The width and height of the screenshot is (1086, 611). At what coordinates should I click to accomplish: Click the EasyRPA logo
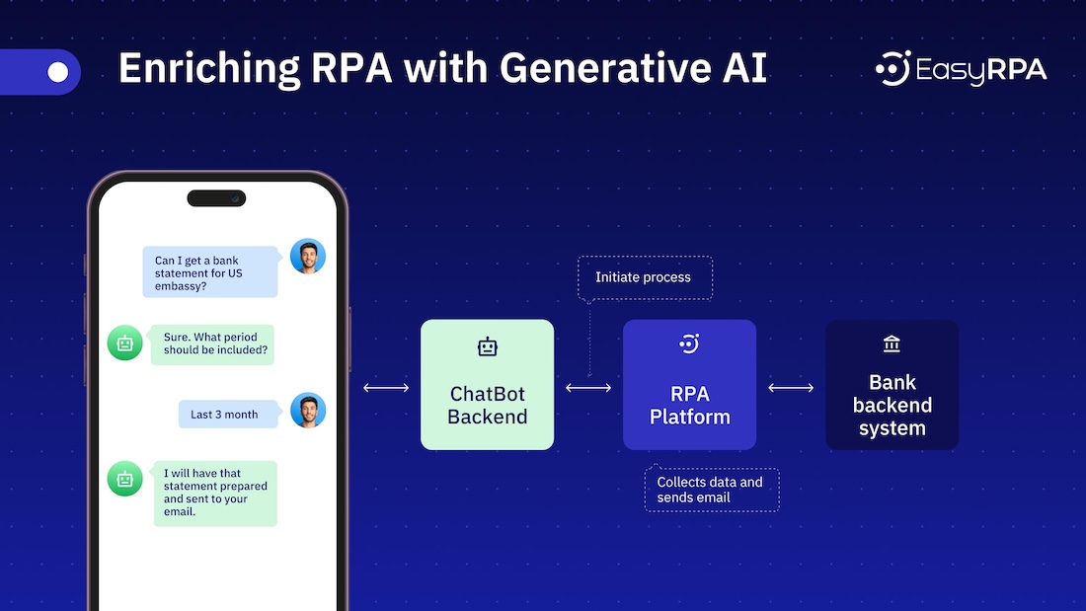point(960,70)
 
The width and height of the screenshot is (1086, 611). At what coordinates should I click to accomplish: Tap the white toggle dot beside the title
point(58,72)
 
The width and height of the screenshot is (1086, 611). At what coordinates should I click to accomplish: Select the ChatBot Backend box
point(488,385)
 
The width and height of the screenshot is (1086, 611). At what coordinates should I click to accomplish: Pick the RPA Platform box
point(689,385)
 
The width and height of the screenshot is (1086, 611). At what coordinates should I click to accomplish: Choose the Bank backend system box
point(892,385)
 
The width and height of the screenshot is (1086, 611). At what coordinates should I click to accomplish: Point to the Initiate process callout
point(643,277)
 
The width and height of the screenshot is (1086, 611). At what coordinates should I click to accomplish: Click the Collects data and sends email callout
point(711,490)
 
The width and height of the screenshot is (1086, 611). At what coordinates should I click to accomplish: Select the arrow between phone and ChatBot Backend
point(386,388)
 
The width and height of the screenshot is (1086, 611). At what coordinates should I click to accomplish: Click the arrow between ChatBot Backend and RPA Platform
point(588,388)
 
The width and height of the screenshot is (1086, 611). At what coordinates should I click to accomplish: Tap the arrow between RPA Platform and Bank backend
point(791,388)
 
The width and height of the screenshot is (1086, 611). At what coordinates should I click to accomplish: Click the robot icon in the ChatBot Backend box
point(488,346)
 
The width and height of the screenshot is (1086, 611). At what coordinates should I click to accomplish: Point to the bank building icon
point(892,344)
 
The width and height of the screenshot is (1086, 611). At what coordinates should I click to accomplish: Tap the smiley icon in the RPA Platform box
point(689,344)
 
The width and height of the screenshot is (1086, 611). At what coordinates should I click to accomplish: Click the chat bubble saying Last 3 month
point(224,415)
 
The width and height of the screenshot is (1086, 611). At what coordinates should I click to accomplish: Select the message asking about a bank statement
point(210,271)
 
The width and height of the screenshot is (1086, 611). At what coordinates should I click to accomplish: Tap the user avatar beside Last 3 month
point(308,411)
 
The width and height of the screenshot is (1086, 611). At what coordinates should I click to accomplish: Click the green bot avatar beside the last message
point(124,480)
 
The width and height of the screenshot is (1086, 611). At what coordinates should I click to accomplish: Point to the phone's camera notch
point(216,198)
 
